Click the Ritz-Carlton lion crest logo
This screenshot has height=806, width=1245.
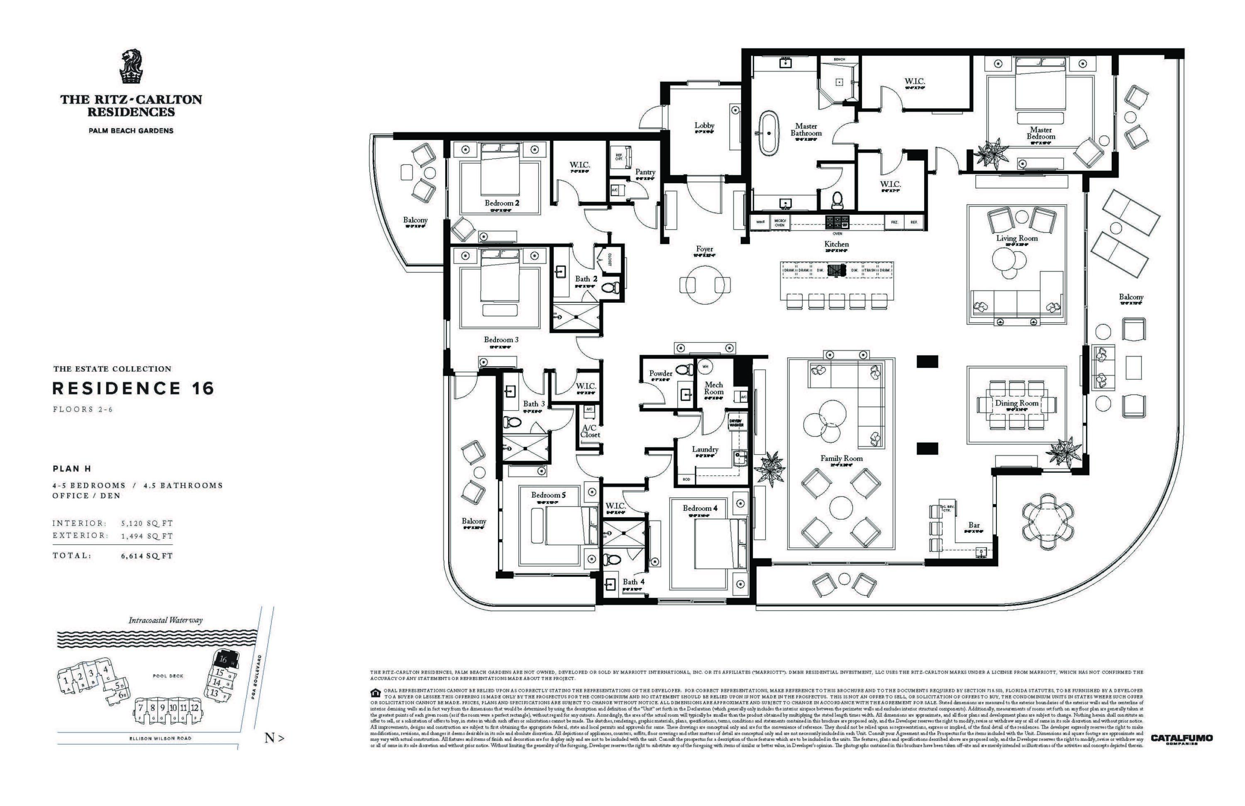(x=131, y=66)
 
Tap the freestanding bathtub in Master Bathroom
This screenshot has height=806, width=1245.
(x=769, y=132)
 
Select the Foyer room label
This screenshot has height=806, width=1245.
(x=704, y=249)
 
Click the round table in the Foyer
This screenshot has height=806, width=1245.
(x=705, y=285)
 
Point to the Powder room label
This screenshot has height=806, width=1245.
(x=660, y=373)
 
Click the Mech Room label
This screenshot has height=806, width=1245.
(x=713, y=388)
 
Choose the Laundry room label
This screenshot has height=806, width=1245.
(x=705, y=449)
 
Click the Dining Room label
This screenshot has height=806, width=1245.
(x=1016, y=403)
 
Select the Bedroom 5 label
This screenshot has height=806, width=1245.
(x=548, y=495)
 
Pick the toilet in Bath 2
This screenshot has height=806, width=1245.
(x=610, y=287)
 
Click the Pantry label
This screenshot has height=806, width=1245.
(x=645, y=171)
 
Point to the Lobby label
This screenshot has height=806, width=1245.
(x=704, y=125)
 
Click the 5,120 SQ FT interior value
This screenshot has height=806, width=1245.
(x=147, y=523)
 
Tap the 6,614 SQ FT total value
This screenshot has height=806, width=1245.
(x=147, y=556)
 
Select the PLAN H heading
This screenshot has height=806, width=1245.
(x=72, y=468)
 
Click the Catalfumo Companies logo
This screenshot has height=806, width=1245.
(x=1181, y=738)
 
